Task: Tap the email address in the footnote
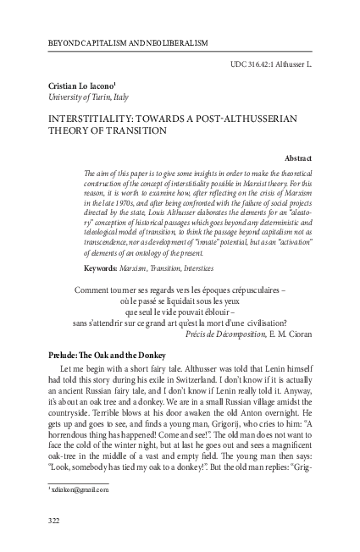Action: (73, 490)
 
